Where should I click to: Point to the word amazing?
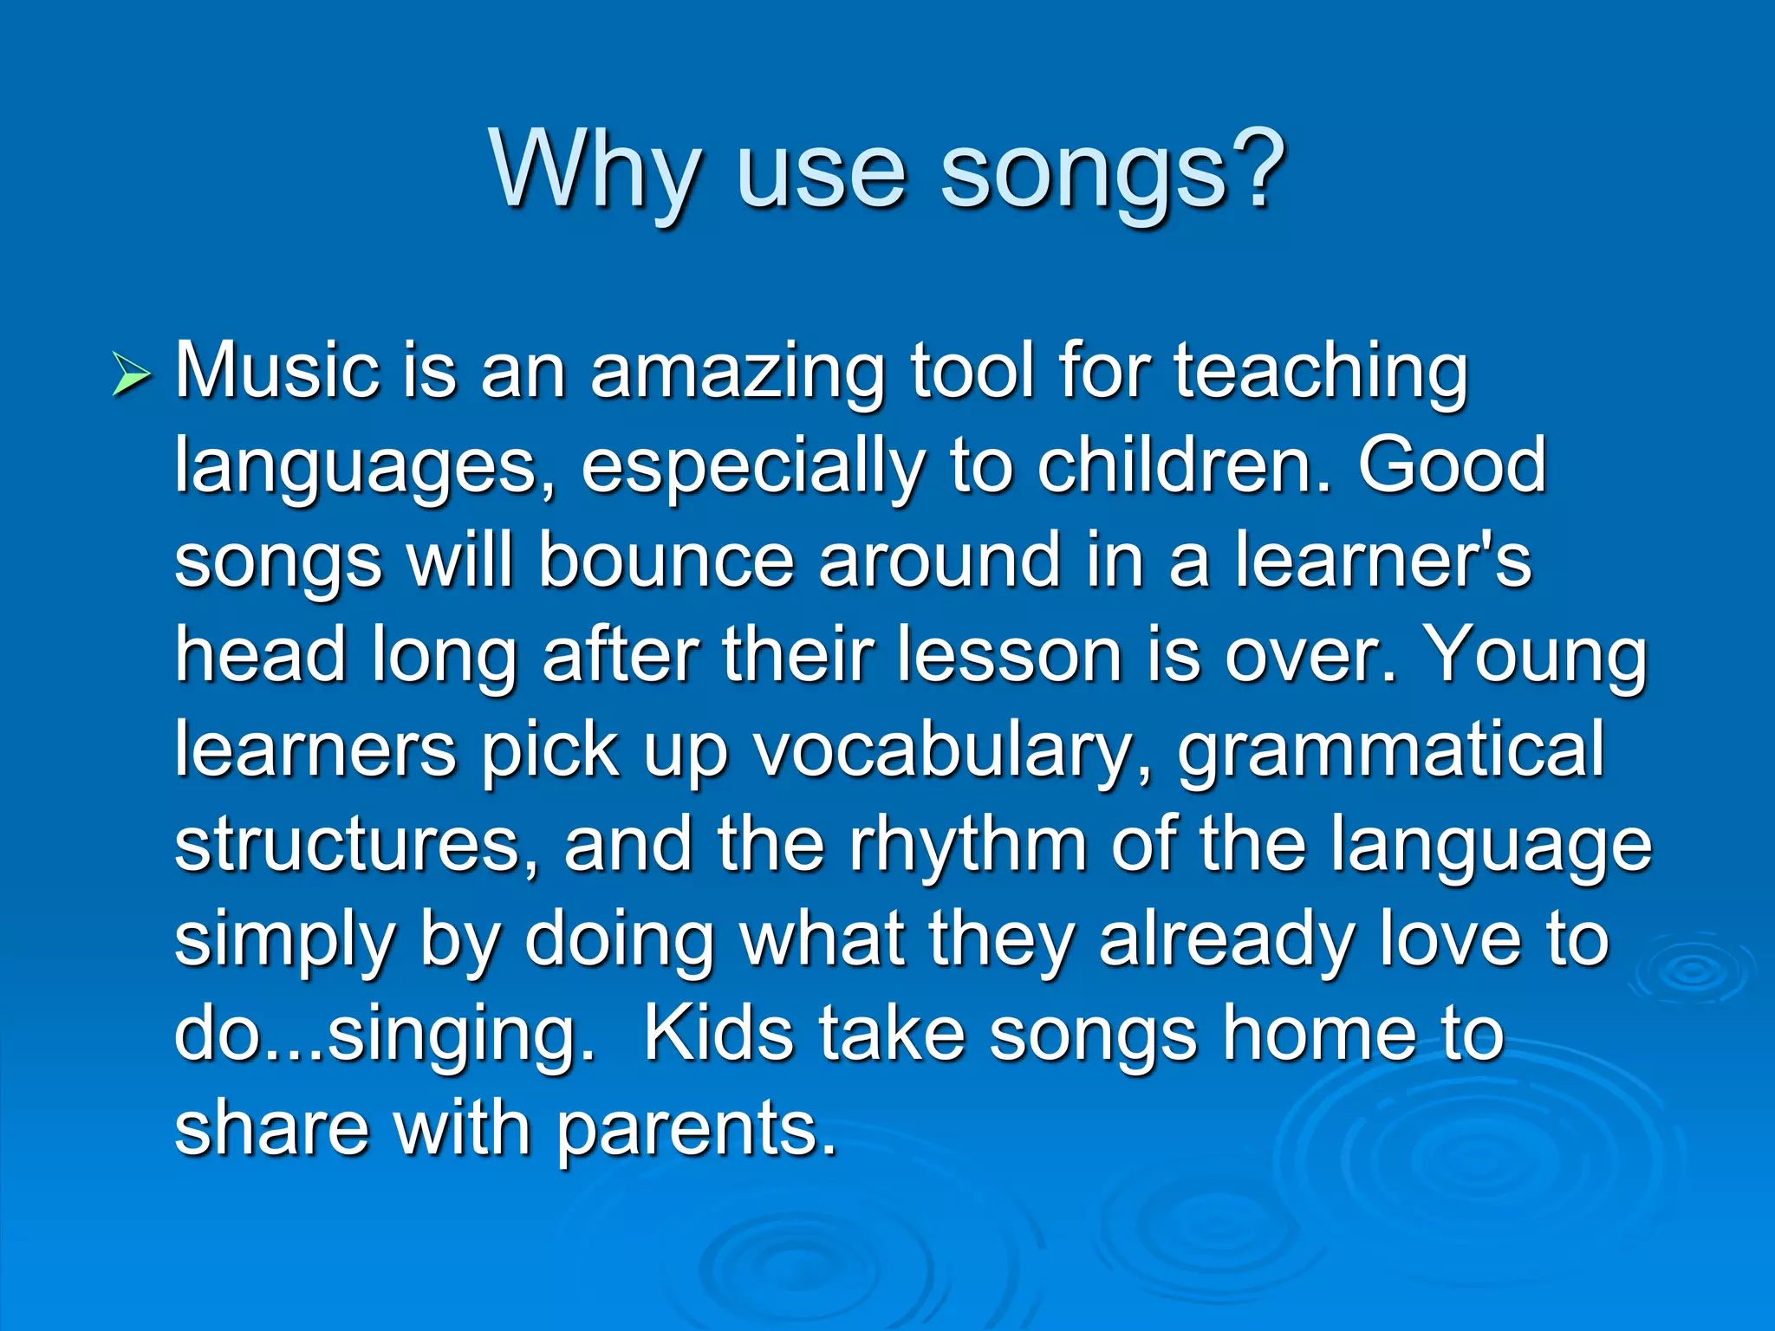pyautogui.click(x=737, y=374)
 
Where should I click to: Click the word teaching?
pyautogui.click(x=1320, y=374)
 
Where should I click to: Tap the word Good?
pyautogui.click(x=1451, y=466)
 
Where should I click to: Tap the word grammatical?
pyautogui.click(x=1390, y=752)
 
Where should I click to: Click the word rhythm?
pyautogui.click(x=967, y=845)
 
